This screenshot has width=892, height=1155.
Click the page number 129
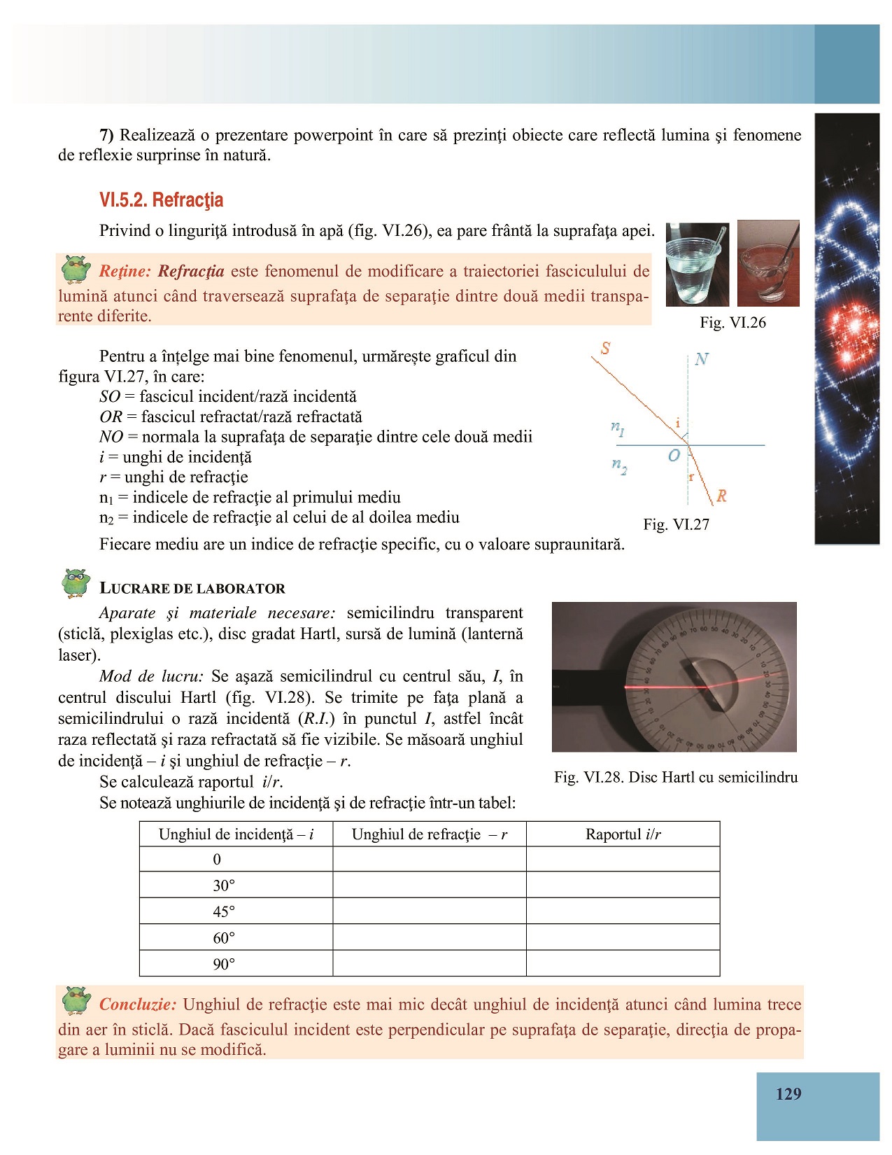coord(788,1094)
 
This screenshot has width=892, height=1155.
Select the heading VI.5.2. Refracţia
coord(161,200)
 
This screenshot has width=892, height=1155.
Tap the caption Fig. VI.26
coord(732,323)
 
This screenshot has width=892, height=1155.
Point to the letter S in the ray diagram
coord(606,348)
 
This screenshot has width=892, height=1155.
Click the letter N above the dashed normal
coord(702,359)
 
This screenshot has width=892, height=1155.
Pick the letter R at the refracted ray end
coord(721,496)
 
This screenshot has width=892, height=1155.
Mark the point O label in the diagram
coord(674,456)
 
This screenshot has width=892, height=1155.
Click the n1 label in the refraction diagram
coord(617,428)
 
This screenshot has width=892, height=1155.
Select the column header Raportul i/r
coord(623,834)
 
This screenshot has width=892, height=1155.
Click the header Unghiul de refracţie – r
coord(429,834)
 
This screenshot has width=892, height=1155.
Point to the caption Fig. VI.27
coord(676,524)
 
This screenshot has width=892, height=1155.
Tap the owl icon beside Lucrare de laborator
coord(76,582)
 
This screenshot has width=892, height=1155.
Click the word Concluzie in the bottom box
coord(138,1004)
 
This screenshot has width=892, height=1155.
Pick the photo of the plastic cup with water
coord(697,265)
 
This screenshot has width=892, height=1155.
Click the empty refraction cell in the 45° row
coord(429,911)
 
